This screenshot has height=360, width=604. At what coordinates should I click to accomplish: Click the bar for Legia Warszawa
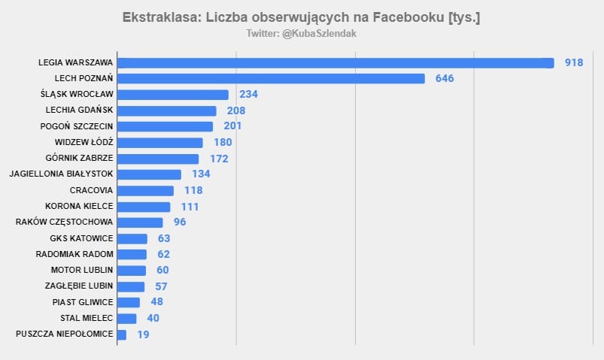coord(335,62)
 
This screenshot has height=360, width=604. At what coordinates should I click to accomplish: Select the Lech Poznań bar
coord(271,78)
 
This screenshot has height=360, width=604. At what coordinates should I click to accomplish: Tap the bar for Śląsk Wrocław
coord(173,95)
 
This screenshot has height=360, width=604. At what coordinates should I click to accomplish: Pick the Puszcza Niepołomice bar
coord(122,334)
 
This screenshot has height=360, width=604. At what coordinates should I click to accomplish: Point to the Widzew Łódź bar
coord(160,143)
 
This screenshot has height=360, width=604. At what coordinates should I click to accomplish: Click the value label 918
coord(574,62)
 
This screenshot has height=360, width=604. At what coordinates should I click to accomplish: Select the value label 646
coord(445,78)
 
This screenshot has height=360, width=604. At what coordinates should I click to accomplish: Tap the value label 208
coord(236,110)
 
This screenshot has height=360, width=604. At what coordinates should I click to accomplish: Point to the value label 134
coord(201,174)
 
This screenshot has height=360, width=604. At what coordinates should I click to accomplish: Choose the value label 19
coord(143,334)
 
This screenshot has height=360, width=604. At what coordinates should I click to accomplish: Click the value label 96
coord(179,222)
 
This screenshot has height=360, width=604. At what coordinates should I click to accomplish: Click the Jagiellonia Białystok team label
coord(61,174)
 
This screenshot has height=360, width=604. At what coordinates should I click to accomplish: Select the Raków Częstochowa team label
coord(64,222)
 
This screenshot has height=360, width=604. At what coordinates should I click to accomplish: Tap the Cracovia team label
coord(91,190)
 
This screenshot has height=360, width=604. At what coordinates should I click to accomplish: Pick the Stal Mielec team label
coord(87,318)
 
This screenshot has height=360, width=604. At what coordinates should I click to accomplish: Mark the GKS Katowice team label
coord(81,238)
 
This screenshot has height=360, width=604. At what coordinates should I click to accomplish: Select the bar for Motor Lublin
coord(132,271)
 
